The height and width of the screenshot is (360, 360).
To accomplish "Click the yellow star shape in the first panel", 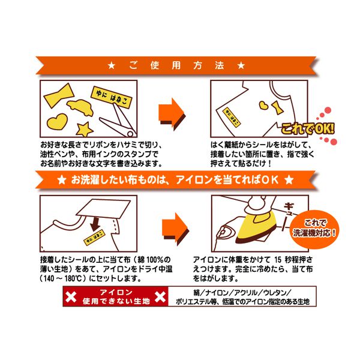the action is pos(84,129).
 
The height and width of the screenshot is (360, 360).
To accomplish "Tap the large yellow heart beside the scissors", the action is pos(57,121).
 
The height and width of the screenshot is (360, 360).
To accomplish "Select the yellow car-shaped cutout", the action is pos(80,107).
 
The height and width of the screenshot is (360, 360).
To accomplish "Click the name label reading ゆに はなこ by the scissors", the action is pos(112,97).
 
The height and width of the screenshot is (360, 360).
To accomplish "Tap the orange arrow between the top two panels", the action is pos(172,115).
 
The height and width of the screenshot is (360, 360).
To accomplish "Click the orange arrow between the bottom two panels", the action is pos(176,229).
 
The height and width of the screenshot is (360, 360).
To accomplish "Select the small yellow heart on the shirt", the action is pos(264,106).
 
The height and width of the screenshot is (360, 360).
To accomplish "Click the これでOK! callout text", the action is pos(308,129).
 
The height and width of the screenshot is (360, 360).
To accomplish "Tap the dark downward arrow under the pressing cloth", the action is pos(95,224).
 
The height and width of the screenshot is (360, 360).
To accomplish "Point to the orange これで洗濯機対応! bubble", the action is pos(314,229).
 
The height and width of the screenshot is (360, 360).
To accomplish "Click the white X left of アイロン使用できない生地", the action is pos(71,296).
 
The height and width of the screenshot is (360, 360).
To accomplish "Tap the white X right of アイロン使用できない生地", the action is pos(160,296).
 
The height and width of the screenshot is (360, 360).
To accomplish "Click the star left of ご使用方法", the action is pos(112,65).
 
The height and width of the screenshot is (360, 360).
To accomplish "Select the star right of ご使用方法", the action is pos(241,65).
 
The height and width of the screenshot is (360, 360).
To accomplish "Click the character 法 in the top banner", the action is pos(219,65).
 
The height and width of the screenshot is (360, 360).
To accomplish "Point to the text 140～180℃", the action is pos(62,278).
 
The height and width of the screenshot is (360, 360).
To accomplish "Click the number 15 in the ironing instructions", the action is pos(278,260).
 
